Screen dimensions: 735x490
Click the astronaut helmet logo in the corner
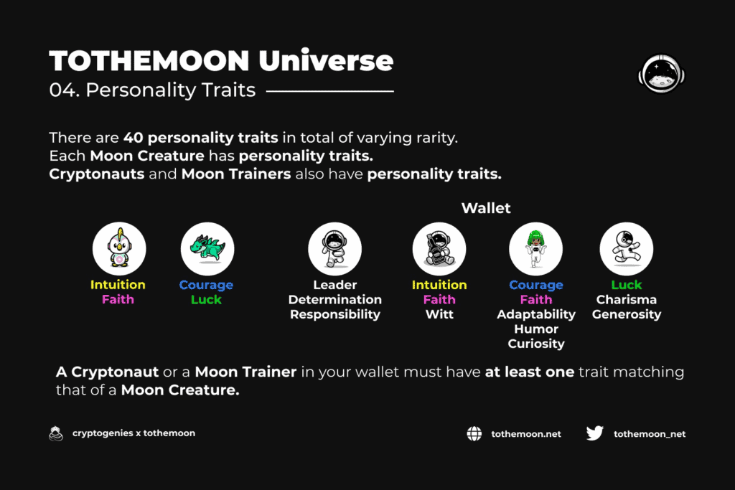point(661,74)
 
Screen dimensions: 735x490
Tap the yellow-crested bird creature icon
point(119,248)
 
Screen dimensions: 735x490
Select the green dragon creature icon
point(207,248)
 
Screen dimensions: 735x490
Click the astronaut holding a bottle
point(439,248)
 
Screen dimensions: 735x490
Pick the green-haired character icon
point(535,248)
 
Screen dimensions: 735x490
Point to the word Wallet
point(486,208)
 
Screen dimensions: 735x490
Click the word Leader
point(334,285)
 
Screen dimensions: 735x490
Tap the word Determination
point(334,299)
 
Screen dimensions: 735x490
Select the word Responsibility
point(334,314)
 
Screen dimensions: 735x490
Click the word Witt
point(439,314)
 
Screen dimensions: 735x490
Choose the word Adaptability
point(535,314)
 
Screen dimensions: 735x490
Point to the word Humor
point(535,329)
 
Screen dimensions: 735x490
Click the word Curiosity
point(535,344)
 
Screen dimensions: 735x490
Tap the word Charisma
point(626,299)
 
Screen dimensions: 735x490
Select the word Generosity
point(626,314)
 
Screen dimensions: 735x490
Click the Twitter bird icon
point(595,433)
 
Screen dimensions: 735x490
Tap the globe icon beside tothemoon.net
point(474,434)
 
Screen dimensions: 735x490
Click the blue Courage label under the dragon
point(206,285)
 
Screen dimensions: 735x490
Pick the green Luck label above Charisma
point(626,285)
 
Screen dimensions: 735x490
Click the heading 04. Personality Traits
point(152,90)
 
